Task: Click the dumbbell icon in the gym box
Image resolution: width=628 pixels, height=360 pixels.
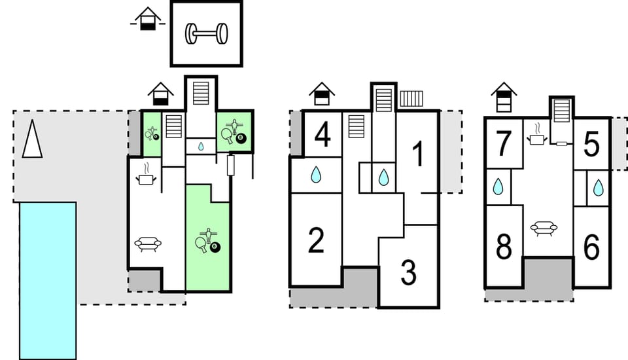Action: [x=206, y=34]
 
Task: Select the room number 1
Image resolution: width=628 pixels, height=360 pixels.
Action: [x=417, y=154]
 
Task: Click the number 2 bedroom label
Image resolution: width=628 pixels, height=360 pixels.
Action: [x=316, y=241]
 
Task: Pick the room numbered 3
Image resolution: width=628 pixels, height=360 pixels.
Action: [x=409, y=273]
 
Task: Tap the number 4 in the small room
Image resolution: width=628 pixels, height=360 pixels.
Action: [x=322, y=135]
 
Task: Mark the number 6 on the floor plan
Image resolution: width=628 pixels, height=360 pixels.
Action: [x=591, y=248]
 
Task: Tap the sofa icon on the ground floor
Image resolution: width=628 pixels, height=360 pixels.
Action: [x=148, y=245]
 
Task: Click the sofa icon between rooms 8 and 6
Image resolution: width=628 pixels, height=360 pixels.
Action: [x=544, y=228]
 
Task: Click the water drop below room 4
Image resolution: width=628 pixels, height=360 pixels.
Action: [x=316, y=175]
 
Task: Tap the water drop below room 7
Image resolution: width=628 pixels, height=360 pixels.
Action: [x=499, y=187]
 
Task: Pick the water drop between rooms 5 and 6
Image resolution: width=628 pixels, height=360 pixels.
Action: [x=598, y=188]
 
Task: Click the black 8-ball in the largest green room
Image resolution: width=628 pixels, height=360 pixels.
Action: [x=217, y=247]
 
